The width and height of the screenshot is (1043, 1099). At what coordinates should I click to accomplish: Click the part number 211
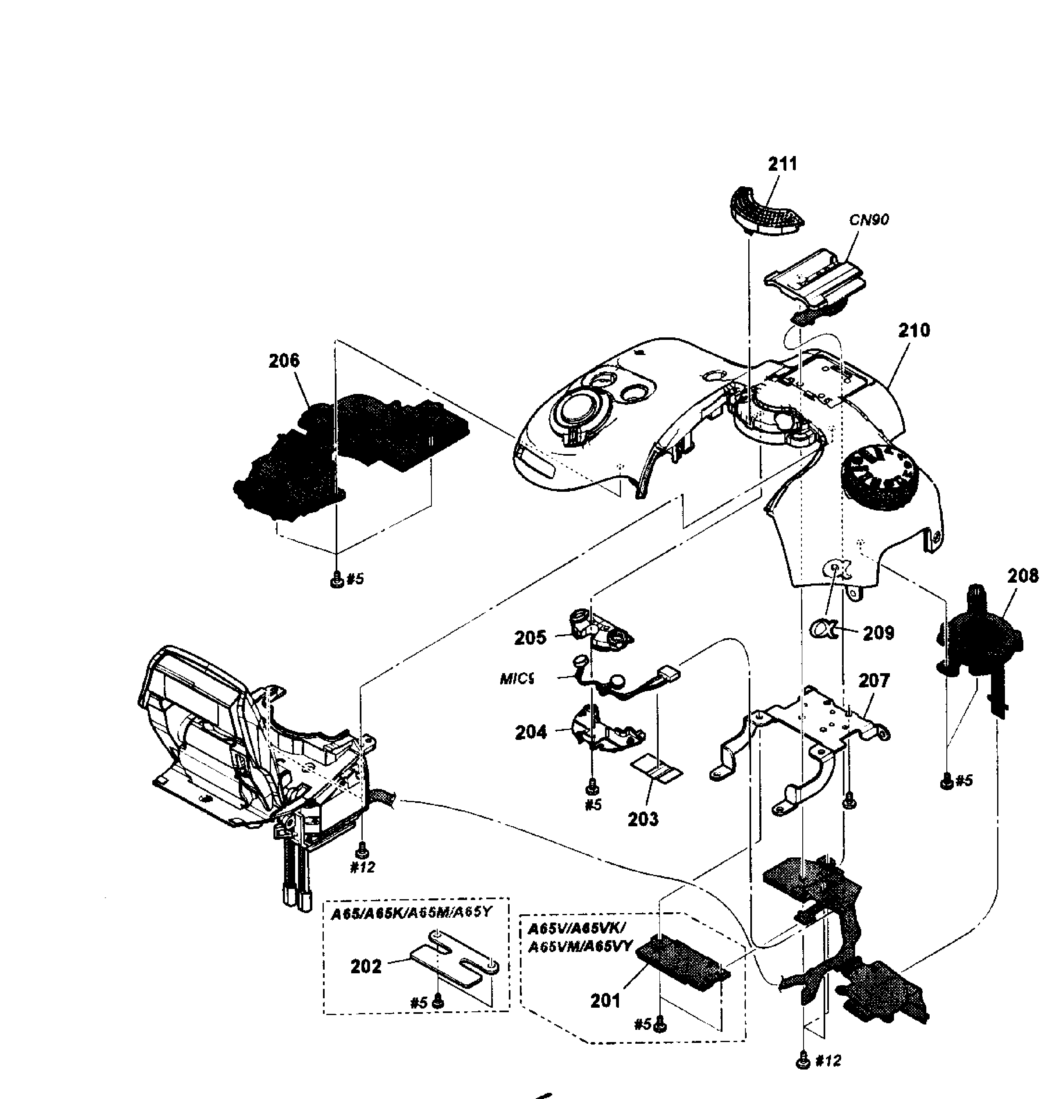point(782,164)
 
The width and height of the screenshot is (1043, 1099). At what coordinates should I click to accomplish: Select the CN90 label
point(869,220)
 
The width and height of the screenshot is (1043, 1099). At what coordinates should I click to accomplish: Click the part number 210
point(914,330)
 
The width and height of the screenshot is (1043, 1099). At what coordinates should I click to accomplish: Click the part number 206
point(284,361)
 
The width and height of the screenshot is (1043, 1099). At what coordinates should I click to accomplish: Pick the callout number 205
point(530,638)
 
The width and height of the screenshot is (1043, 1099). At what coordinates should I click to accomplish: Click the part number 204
point(531,733)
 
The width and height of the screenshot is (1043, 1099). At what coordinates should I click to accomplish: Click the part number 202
point(366,967)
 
